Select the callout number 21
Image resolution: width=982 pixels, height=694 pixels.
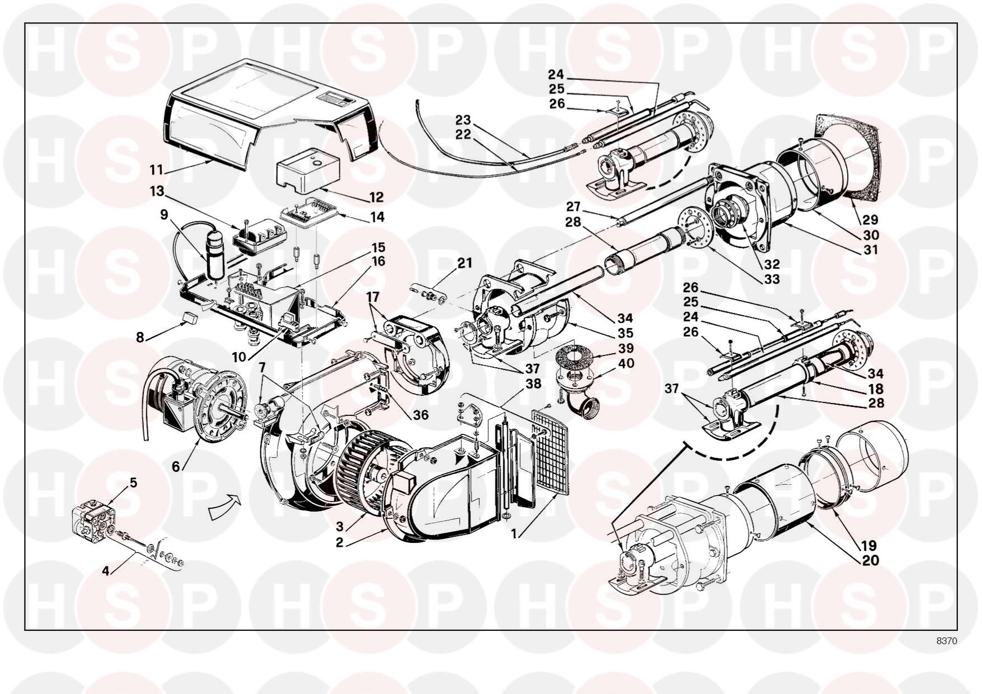tap(464, 262)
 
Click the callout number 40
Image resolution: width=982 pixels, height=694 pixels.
tap(625, 363)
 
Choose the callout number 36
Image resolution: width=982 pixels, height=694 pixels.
tap(420, 415)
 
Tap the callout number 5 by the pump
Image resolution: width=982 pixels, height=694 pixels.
tap(133, 482)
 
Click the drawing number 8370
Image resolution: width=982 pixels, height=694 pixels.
tap(947, 641)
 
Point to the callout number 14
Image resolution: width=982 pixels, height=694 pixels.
tap(377, 217)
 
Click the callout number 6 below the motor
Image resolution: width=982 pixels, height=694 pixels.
tap(176, 466)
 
